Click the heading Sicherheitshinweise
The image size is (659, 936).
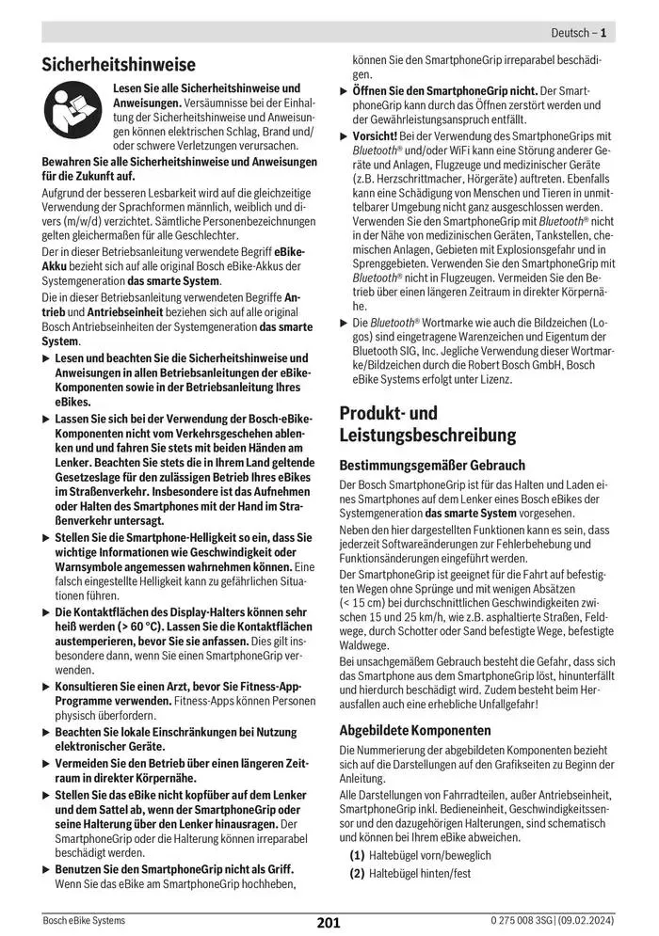pos(119,65)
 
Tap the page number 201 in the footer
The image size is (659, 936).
pos(329,922)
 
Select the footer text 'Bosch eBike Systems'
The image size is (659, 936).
pos(84,920)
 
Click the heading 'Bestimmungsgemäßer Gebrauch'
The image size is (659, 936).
pos(431,465)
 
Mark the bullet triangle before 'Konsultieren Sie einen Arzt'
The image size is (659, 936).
pos(47,688)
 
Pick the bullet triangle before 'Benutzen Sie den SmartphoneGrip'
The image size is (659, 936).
pos(47,867)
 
